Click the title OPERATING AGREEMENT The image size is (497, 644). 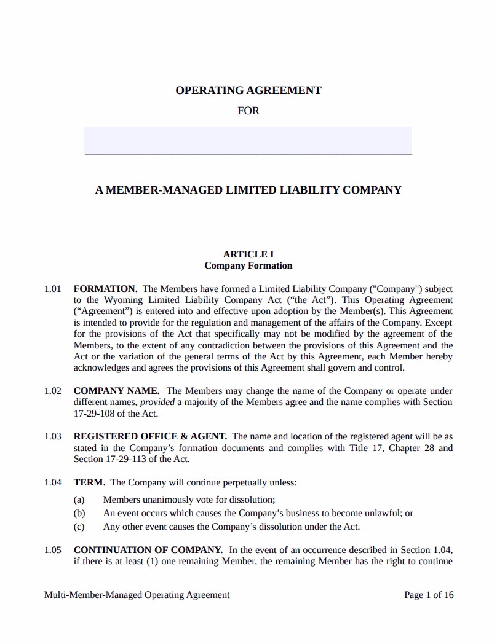(248, 90)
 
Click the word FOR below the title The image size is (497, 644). (248, 111)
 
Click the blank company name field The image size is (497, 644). (248, 141)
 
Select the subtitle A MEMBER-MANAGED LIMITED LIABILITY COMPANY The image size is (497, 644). (248, 190)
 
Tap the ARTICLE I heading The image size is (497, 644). (248, 254)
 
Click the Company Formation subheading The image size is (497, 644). (248, 266)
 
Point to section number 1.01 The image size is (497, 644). (53, 289)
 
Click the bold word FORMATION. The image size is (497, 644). (105, 289)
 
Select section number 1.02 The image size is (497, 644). (53, 391)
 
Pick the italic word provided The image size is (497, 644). (158, 402)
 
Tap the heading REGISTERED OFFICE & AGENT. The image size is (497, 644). (150, 437)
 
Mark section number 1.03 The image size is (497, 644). (53, 437)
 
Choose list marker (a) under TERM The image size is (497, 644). (79, 500)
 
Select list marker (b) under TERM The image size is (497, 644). (79, 513)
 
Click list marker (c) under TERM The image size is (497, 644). (79, 527)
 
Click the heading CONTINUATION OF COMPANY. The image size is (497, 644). (148, 550)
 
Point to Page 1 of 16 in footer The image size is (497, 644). (429, 595)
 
